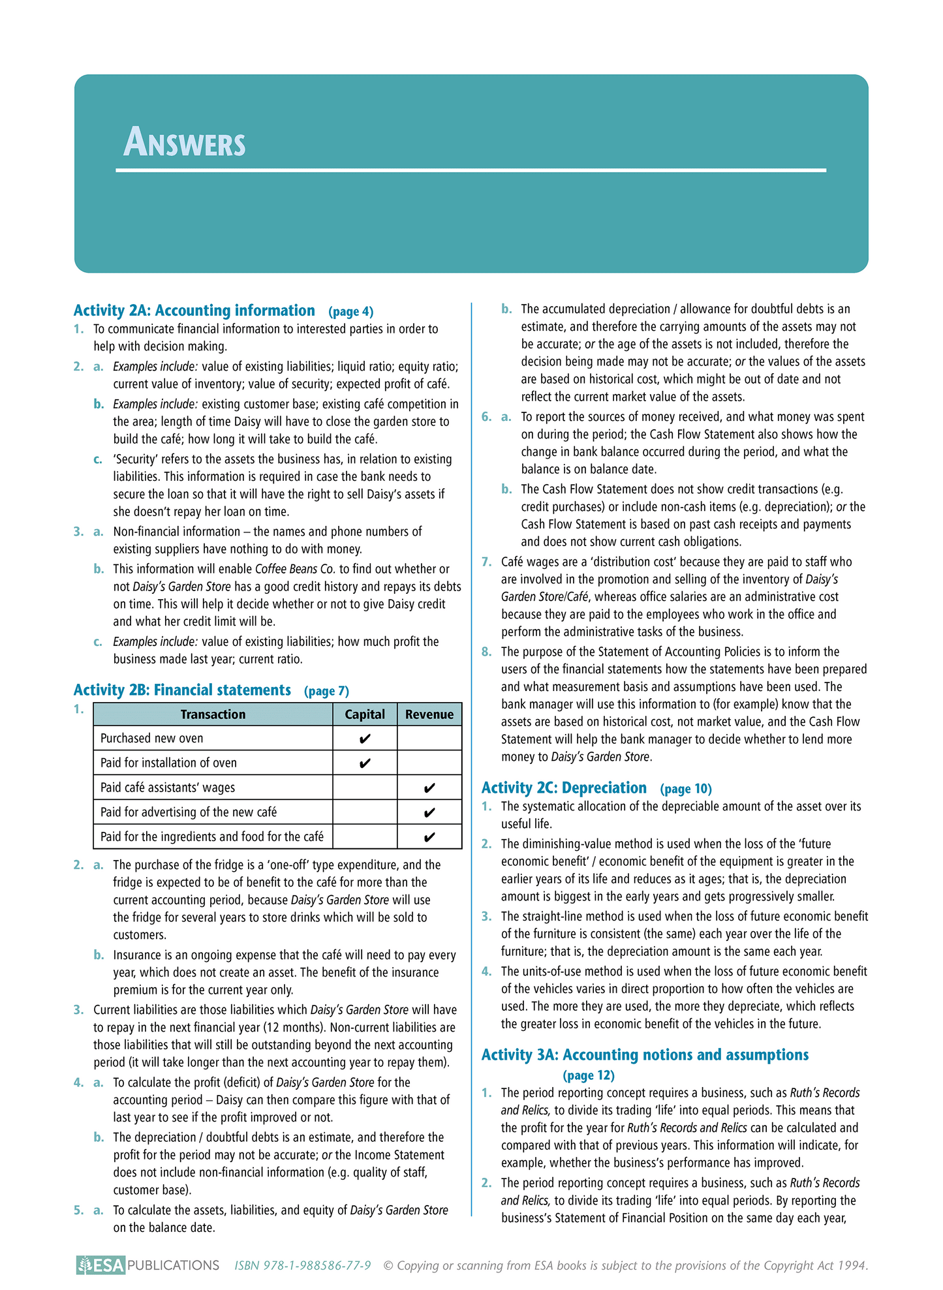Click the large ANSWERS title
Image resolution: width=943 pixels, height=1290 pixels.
[x=185, y=143]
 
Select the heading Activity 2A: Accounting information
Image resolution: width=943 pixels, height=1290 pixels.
[x=194, y=311]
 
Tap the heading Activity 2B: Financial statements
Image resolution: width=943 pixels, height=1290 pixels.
[x=182, y=690]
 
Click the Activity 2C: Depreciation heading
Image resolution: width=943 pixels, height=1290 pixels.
[x=564, y=788]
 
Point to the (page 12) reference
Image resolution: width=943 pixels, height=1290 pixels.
[x=589, y=1075]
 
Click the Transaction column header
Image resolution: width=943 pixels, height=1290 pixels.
[x=213, y=714]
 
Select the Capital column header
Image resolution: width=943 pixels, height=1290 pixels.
[x=365, y=714]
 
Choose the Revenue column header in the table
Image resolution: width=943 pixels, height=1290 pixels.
[x=429, y=714]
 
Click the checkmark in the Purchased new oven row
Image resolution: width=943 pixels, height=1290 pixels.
[x=365, y=739]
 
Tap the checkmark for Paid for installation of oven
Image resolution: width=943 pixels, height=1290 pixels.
[x=365, y=763]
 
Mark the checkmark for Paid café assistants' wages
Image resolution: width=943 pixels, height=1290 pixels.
[x=429, y=788]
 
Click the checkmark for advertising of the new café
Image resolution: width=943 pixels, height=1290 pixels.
[x=429, y=813]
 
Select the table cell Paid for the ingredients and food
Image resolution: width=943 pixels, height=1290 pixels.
[x=212, y=837]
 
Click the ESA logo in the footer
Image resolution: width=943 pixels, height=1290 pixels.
[x=100, y=1266]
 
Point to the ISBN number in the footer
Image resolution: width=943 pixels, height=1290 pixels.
[x=303, y=1266]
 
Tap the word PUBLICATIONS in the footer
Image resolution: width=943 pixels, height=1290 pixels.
[x=173, y=1266]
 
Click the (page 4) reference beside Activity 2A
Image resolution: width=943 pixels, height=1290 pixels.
[x=351, y=312]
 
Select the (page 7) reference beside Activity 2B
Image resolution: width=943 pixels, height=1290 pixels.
[x=326, y=692]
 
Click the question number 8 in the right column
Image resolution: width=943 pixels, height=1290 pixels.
[x=486, y=652]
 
